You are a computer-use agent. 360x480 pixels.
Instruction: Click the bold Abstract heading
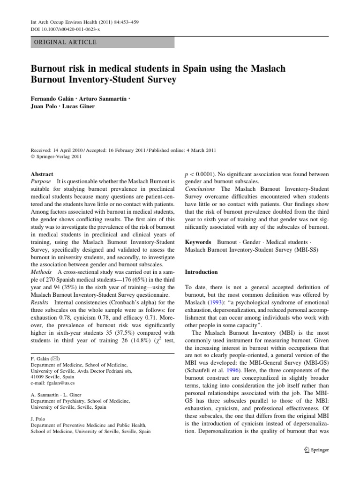click(x=42, y=173)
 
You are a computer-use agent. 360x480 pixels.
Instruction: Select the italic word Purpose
click(x=41, y=181)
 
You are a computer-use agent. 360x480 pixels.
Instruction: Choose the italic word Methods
click(x=42, y=272)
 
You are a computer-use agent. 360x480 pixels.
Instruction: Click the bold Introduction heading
click(x=202, y=272)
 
